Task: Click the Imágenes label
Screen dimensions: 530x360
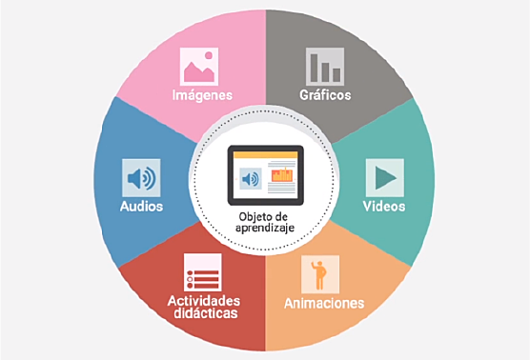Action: click(x=201, y=95)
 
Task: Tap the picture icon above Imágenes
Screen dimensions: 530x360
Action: click(x=200, y=66)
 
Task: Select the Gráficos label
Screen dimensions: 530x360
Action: click(x=325, y=95)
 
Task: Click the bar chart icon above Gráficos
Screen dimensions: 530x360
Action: click(x=325, y=66)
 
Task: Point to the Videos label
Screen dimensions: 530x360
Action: click(x=384, y=206)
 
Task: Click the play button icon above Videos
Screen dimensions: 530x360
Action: click(x=384, y=177)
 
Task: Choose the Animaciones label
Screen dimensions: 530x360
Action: click(x=324, y=304)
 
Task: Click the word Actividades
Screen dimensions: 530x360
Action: click(x=203, y=300)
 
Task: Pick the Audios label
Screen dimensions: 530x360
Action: click(x=141, y=206)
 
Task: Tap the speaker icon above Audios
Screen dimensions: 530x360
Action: click(x=141, y=177)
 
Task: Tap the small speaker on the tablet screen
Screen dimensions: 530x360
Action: click(x=251, y=179)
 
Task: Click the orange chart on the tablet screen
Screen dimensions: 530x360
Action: click(x=282, y=175)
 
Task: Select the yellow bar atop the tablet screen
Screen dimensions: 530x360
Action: click(x=265, y=155)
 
